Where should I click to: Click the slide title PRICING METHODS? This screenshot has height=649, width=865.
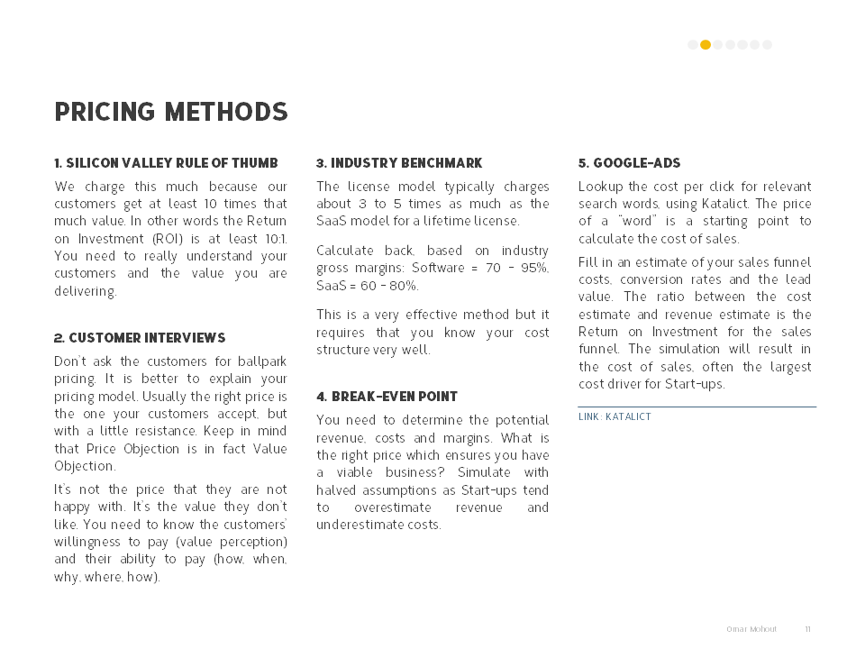click(x=171, y=112)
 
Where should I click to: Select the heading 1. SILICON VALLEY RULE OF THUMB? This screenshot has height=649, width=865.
click(x=166, y=163)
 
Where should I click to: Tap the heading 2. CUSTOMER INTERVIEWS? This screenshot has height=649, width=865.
click(x=140, y=338)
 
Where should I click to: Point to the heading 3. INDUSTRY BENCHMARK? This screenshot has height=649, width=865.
click(x=399, y=163)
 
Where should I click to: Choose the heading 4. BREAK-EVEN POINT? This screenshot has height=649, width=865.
click(x=387, y=397)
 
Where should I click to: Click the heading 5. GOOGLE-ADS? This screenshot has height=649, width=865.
click(x=629, y=163)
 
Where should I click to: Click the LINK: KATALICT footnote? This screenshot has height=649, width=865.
click(x=615, y=416)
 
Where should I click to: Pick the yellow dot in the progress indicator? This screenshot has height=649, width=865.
click(x=706, y=44)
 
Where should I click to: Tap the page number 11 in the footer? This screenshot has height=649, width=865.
click(x=807, y=628)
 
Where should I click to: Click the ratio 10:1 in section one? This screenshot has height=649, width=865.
click(x=274, y=239)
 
